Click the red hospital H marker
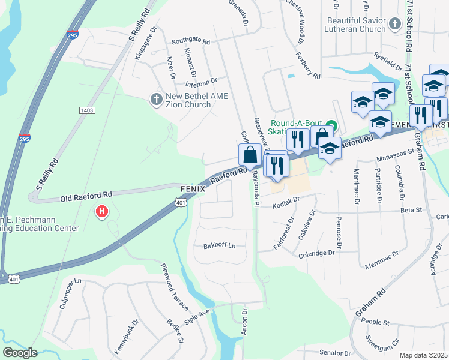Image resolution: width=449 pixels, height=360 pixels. coord(102,212)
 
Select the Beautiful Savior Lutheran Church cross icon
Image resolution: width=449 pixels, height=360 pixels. coord(394,24)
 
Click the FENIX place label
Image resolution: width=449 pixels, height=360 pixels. coord(192,188)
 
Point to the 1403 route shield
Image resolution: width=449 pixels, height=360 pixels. coord(86,110)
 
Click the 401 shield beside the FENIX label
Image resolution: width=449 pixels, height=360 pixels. coord(181,204)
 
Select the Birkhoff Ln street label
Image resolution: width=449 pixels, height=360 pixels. coord(220,245)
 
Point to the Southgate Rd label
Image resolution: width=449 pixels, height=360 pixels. coord(191,42)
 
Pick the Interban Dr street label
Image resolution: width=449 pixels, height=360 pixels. coord(201,80)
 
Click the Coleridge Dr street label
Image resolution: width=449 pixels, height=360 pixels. coord(316,254)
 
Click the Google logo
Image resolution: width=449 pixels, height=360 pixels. coord(20,353)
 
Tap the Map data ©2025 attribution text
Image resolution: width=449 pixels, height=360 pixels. coord(423,355)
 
